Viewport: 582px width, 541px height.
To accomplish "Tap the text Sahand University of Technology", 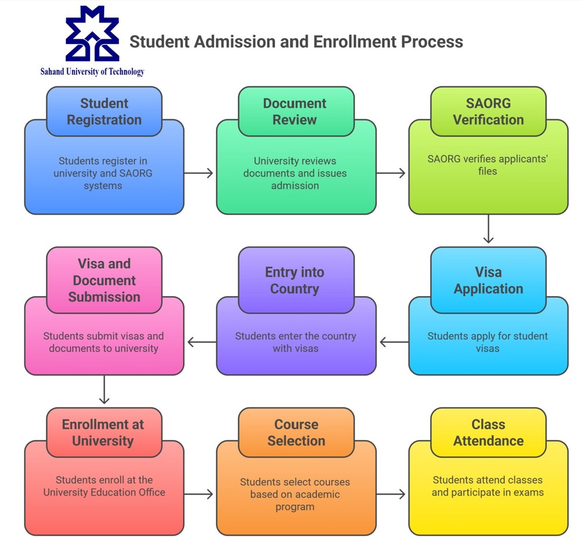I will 92,72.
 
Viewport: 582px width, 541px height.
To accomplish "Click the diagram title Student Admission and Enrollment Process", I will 296,42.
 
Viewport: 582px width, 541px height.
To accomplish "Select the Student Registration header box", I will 104,111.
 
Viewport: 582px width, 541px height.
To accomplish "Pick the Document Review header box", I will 296,111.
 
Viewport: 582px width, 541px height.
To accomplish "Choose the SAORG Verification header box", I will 488,111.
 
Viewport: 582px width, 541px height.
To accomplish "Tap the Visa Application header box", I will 488,280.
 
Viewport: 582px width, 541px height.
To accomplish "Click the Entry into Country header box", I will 296,280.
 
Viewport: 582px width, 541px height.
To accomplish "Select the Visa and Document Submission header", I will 104,280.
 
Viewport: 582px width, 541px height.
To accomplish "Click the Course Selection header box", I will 296,432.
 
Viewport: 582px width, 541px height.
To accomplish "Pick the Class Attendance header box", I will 488,432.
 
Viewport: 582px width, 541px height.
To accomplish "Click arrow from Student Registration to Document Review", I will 199,173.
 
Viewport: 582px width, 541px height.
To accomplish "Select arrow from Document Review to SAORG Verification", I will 391,173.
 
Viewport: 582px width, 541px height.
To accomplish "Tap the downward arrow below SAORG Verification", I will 488,229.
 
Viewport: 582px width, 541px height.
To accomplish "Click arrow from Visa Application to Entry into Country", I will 394,342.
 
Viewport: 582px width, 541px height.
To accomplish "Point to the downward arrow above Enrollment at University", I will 104,389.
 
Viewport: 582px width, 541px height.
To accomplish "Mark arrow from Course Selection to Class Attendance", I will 391,494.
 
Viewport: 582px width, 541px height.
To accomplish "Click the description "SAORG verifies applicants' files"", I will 488,165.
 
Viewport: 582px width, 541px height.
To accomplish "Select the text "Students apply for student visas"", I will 488,342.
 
